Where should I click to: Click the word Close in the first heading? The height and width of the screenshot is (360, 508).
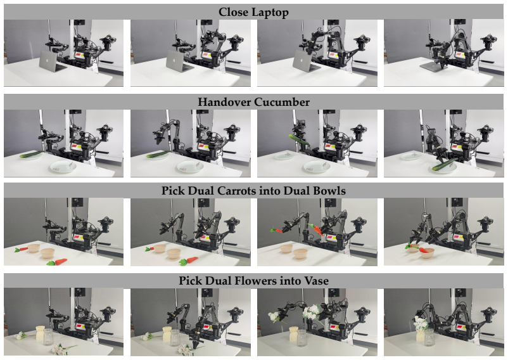click(x=233, y=12)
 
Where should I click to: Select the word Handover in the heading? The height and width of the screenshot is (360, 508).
click(x=224, y=102)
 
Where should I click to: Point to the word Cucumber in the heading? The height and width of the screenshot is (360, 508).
click(x=281, y=102)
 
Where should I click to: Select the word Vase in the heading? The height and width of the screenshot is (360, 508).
click(x=316, y=281)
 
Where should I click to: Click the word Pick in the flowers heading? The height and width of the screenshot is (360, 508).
click(x=189, y=281)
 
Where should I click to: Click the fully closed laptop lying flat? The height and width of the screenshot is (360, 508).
click(x=433, y=67)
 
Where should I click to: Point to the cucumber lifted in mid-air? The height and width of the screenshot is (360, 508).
click(x=299, y=140)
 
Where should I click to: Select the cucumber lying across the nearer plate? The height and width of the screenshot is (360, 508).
click(x=443, y=165)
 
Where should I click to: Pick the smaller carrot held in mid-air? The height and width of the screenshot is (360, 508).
click(x=276, y=230)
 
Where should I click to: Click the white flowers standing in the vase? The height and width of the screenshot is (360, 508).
click(x=420, y=324)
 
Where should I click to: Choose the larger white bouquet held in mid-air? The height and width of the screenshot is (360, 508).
click(x=311, y=311)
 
